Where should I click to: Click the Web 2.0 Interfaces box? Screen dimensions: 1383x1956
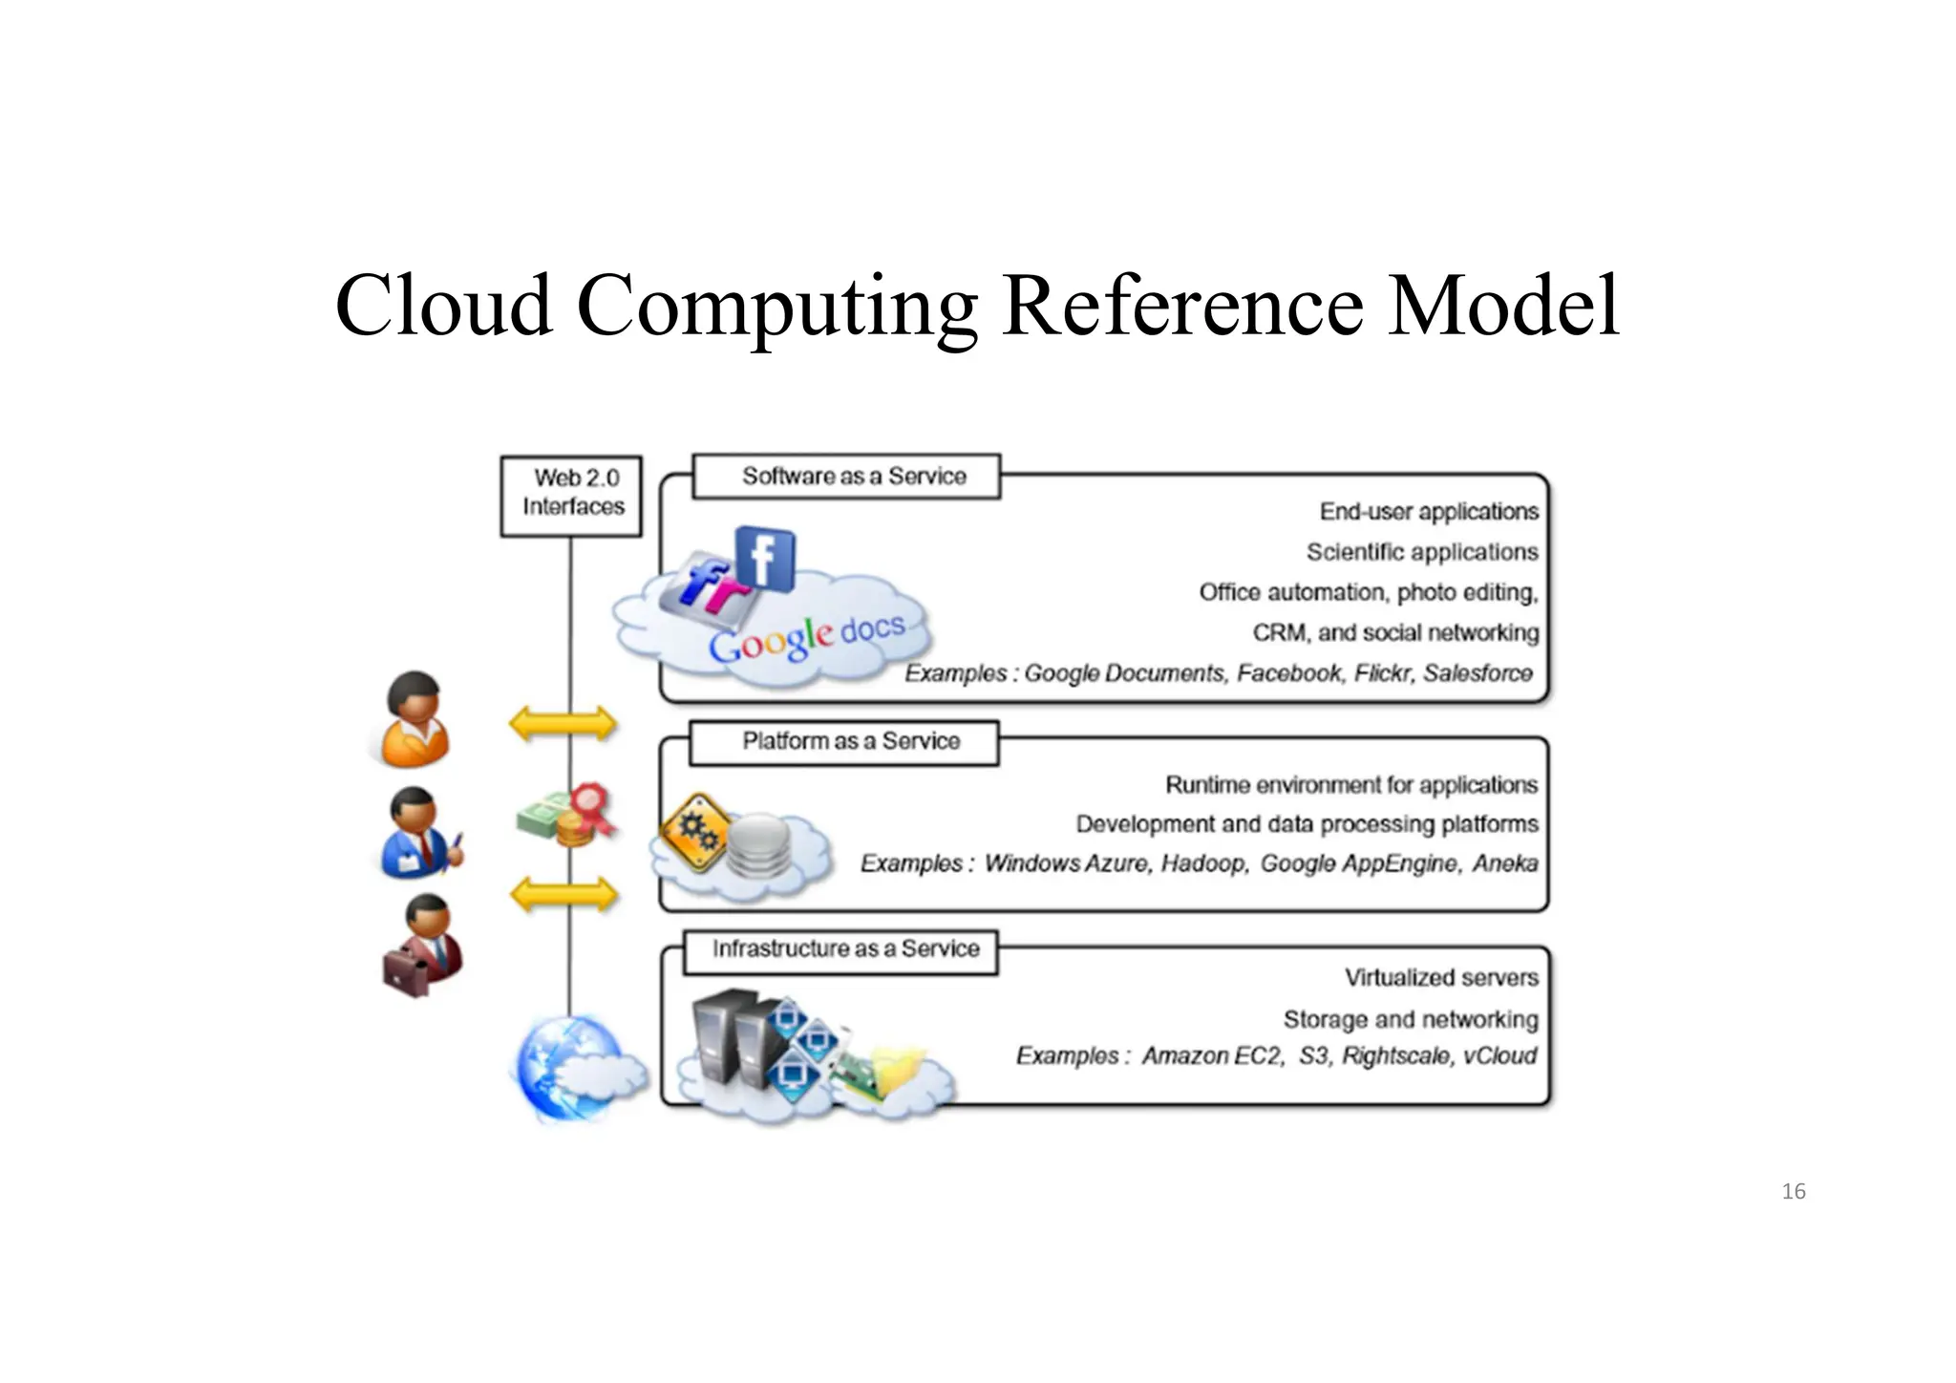[571, 495]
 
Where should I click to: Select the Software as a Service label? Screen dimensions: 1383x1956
[846, 476]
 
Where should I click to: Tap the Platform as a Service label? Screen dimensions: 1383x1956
[844, 742]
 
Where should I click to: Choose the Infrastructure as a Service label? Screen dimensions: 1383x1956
[841, 950]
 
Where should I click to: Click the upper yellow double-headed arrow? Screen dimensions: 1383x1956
[563, 723]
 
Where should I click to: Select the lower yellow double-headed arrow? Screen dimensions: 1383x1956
[563, 895]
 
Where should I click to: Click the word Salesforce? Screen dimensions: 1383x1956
[1478, 673]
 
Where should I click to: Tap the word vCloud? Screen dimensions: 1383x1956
[1499, 1055]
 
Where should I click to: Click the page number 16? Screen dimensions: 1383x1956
[1794, 1191]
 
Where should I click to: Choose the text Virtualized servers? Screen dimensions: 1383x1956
[1441, 977]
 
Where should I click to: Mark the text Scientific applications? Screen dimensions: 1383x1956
[1422, 552]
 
